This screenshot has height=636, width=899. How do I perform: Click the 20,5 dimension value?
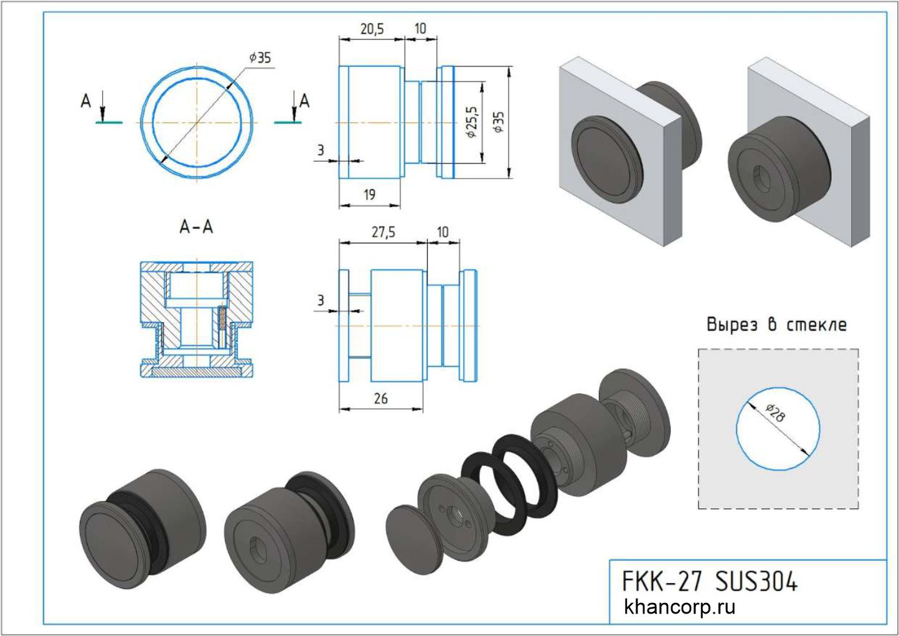tap(372, 29)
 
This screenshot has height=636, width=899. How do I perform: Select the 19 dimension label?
tap(369, 195)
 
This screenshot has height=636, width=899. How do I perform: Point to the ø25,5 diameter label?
tap(471, 121)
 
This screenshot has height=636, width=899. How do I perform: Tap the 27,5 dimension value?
tap(384, 232)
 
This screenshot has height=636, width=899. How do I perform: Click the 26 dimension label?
tap(380, 398)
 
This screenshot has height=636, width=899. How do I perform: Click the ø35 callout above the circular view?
tap(260, 57)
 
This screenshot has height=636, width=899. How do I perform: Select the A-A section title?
tap(196, 228)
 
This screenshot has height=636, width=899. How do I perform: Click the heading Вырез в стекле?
tap(776, 325)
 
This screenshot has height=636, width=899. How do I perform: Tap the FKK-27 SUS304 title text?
tap(709, 582)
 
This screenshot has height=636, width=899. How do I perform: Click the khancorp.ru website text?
tap(679, 607)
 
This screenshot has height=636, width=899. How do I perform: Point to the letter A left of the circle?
tap(86, 100)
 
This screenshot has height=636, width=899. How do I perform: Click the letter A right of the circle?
tap(304, 100)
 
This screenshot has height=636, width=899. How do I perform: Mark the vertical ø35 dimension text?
tap(498, 122)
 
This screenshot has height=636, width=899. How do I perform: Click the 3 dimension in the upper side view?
tap(321, 150)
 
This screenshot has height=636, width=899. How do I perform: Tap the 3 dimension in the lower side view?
tap(321, 301)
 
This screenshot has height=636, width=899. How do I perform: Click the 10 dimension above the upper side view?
tap(420, 29)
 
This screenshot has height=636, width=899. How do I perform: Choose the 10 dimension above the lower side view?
tap(442, 232)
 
